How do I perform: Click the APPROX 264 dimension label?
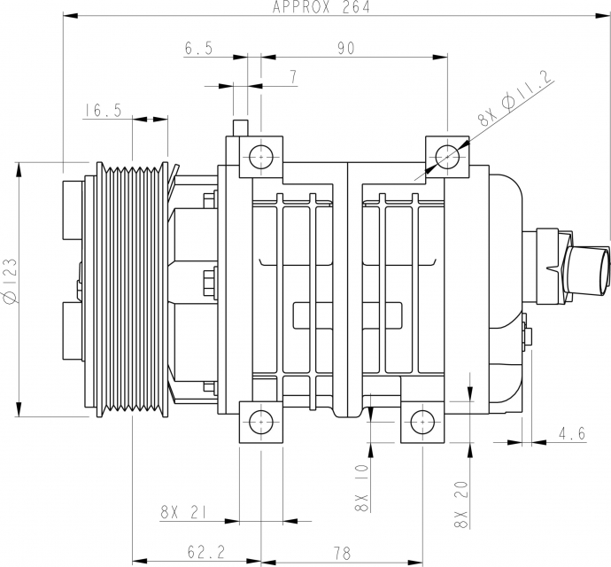[x=321, y=7]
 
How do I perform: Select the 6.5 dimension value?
[x=198, y=48]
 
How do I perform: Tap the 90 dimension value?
[x=346, y=48]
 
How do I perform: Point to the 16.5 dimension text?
[x=103, y=110]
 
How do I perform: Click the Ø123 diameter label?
[x=11, y=280]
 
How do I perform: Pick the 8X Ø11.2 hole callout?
[x=516, y=98]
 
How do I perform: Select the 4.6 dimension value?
[x=572, y=433]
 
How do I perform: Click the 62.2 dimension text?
[x=206, y=552]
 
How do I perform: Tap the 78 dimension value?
[x=342, y=553]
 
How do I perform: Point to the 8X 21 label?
[x=183, y=512]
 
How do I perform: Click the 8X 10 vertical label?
[x=361, y=488]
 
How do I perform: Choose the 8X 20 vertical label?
[x=461, y=505]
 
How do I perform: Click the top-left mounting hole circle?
[x=260, y=157]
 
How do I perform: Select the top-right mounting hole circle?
[x=447, y=157]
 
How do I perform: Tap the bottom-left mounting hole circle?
[x=260, y=423]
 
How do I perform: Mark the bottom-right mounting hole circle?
[x=422, y=423]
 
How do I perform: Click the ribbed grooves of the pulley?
[x=133, y=289]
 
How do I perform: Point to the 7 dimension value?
[x=292, y=77]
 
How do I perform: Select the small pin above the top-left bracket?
[x=240, y=128]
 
